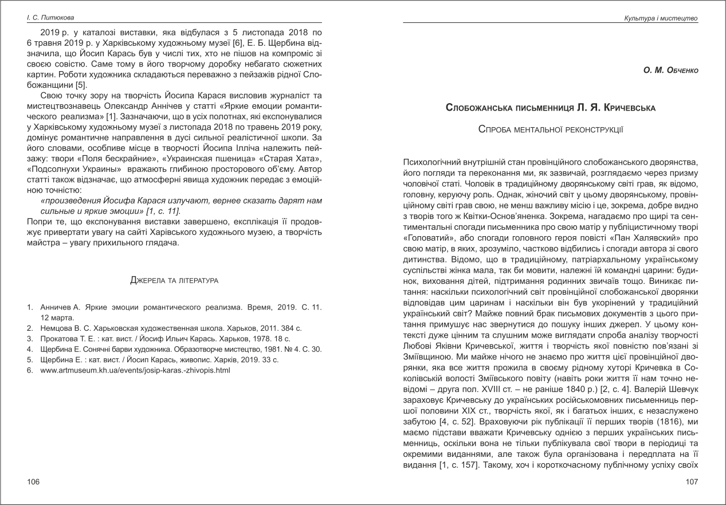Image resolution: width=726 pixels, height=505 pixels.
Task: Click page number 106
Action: pyautogui.click(x=33, y=481)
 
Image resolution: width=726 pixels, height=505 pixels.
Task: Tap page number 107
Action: pyautogui.click(x=692, y=481)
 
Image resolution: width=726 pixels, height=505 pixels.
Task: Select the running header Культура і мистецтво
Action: pyautogui.click(x=661, y=19)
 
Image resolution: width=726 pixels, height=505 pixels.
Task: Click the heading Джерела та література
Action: pyautogui.click(x=174, y=280)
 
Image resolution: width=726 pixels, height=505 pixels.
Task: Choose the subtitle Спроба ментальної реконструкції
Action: pyautogui.click(x=551, y=130)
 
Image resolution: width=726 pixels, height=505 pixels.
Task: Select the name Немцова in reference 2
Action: pyautogui.click(x=56, y=328)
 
